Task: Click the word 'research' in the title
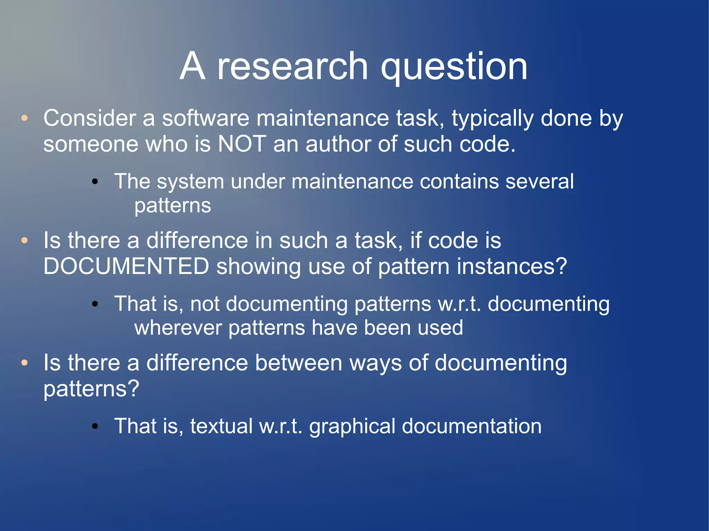[293, 66]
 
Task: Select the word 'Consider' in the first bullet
[90, 118]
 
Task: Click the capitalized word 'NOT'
[242, 144]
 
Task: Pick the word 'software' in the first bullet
[206, 118]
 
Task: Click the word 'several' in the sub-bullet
[539, 182]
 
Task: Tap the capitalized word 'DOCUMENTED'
[126, 266]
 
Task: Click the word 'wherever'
[178, 328]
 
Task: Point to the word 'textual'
[221, 426]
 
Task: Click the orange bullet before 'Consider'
[24, 118]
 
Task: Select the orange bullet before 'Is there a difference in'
[24, 240]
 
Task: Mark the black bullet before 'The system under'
[95, 182]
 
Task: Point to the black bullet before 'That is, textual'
[95, 426]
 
